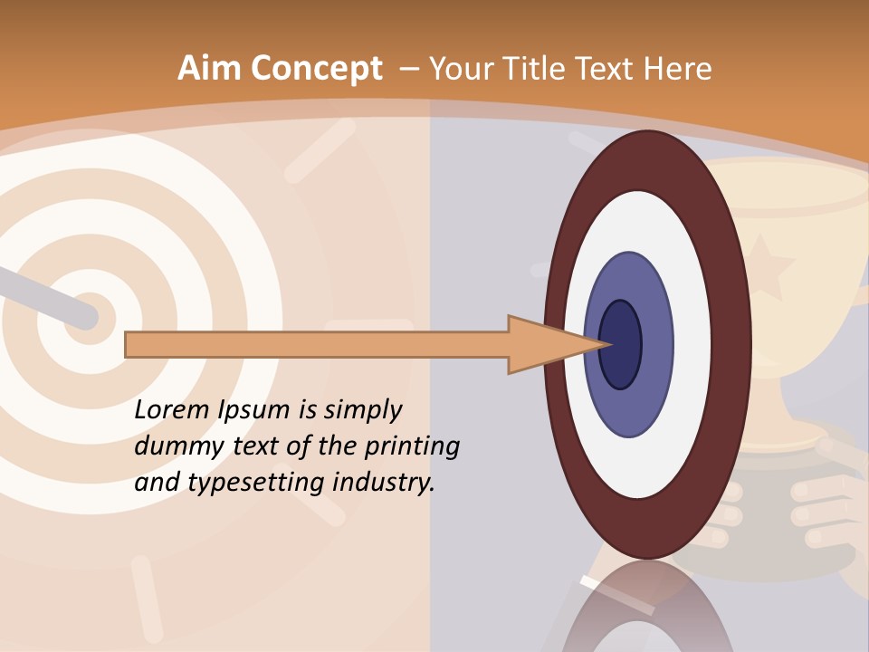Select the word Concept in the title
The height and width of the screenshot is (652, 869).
317,70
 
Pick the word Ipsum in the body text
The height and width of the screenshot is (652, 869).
256,410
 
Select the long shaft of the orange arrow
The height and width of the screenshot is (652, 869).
317,344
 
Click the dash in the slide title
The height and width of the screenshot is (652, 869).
408,69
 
